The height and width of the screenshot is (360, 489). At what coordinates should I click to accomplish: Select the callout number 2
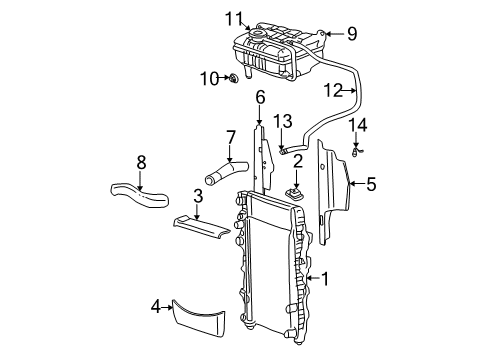click(x=297, y=161)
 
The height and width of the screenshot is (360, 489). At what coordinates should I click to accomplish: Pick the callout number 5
click(x=370, y=183)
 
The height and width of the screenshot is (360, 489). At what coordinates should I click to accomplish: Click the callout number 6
click(x=260, y=97)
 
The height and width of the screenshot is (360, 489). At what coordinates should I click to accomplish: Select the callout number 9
click(x=351, y=33)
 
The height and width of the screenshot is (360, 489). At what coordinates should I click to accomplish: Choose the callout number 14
click(x=358, y=125)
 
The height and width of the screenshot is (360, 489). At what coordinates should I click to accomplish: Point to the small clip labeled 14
click(x=357, y=152)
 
